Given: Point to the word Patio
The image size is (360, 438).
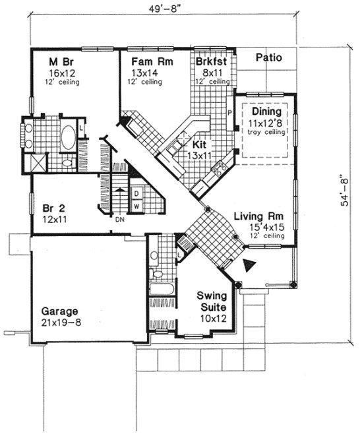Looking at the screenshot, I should pyautogui.click(x=268, y=57).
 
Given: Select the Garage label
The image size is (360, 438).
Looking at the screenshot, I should pyautogui.click(x=60, y=311).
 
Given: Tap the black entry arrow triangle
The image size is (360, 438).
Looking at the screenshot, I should pyautogui.click(x=249, y=266).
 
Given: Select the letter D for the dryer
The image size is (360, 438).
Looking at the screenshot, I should pyautogui.click(x=136, y=193).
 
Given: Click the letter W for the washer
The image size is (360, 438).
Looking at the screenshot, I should pyautogui.click(x=136, y=206).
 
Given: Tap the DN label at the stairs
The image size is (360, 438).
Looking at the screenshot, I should pyautogui.click(x=120, y=220).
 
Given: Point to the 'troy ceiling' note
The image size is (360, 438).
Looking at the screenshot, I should pyautogui.click(x=264, y=132).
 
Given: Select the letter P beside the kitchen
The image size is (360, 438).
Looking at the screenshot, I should pyautogui.click(x=229, y=113).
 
